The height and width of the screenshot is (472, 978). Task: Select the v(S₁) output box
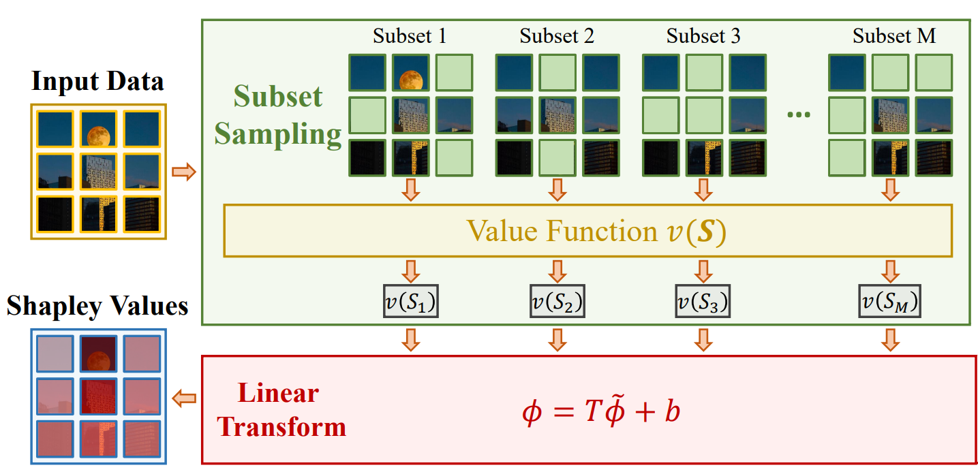click(410, 301)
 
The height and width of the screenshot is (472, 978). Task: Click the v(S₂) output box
click(557, 301)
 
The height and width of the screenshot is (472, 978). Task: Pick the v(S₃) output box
click(703, 301)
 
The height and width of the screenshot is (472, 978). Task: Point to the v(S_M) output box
click(889, 301)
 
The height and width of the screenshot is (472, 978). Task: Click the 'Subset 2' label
click(557, 35)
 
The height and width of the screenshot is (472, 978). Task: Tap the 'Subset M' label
click(893, 35)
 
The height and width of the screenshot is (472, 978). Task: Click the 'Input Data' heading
click(97, 82)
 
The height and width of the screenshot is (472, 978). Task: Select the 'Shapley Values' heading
click(97, 306)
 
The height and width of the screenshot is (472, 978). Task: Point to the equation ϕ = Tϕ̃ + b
click(600, 413)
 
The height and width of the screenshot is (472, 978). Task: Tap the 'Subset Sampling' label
click(278, 116)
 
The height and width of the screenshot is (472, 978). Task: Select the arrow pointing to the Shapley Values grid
click(185, 398)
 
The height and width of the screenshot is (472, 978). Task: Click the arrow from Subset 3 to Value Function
click(703, 189)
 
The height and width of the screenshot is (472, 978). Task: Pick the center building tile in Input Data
click(98, 171)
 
